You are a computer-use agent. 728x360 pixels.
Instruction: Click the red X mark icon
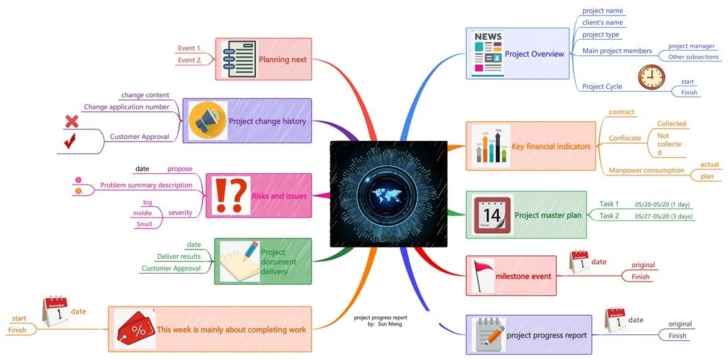(x=71, y=122)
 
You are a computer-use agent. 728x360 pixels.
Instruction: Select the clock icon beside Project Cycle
(x=650, y=78)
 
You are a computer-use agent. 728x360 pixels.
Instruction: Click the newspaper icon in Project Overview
(x=487, y=53)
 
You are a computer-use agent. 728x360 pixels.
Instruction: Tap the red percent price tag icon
(x=135, y=329)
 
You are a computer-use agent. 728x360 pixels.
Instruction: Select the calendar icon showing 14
(x=492, y=215)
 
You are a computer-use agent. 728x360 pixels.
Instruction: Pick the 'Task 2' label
(x=609, y=216)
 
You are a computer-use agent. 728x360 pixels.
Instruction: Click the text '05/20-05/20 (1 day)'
(x=662, y=204)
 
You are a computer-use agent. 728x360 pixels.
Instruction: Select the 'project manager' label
(x=691, y=46)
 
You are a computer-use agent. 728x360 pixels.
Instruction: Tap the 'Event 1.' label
(x=189, y=48)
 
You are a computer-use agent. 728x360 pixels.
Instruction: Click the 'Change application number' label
(x=126, y=107)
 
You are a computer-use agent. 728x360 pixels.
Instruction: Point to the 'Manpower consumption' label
(x=646, y=170)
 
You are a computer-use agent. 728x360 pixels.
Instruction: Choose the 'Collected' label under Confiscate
(x=671, y=123)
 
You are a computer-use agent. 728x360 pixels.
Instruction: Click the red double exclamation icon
(x=230, y=196)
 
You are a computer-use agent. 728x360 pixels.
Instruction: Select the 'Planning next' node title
(x=282, y=59)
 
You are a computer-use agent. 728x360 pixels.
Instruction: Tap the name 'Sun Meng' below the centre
(x=390, y=324)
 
